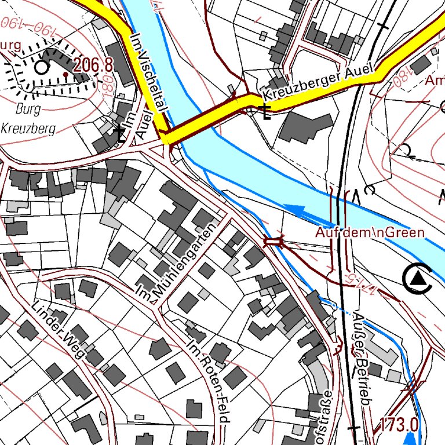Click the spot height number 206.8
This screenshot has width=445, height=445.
(x=93, y=65)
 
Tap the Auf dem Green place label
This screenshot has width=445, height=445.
(x=370, y=232)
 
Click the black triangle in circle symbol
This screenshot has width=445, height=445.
(x=417, y=279)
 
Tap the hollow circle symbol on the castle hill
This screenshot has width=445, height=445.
(x=41, y=68)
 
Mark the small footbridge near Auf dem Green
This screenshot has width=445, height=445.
(x=273, y=241)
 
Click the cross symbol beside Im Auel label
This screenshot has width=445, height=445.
(x=120, y=134)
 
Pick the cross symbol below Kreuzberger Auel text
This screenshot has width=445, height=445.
(x=265, y=111)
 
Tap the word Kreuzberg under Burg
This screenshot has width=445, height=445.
(x=28, y=129)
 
